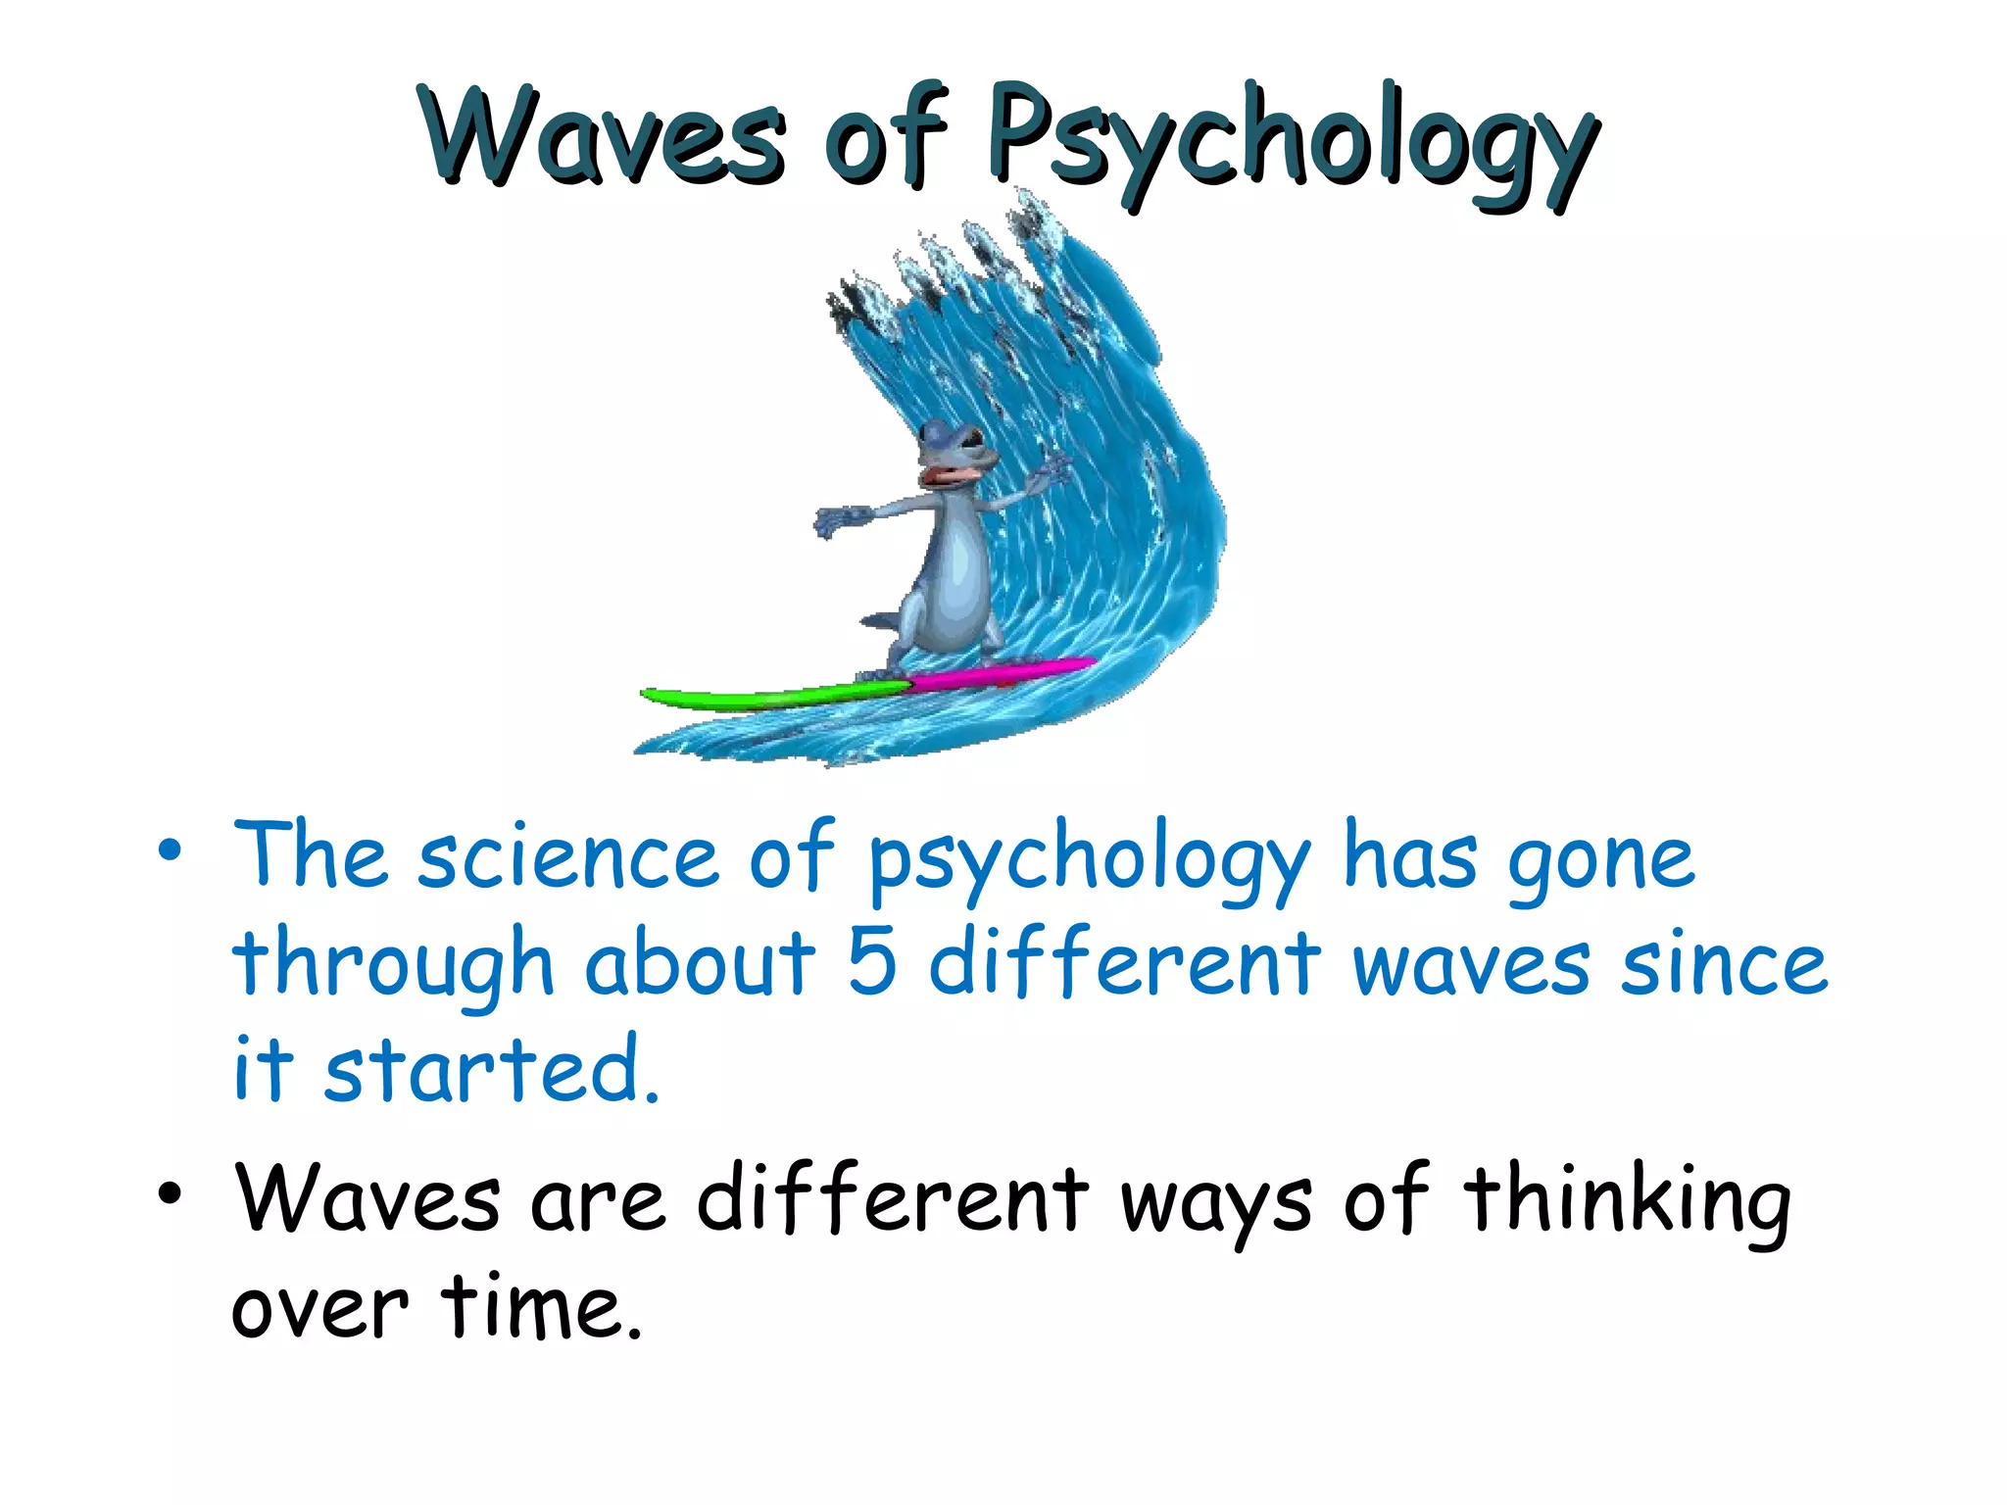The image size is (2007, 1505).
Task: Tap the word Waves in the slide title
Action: pos(604,137)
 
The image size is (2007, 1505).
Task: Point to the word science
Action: pos(568,856)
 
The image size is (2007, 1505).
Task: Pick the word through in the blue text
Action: pos(393,965)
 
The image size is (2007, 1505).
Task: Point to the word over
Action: pos(318,1311)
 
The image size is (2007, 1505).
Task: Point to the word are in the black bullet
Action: pos(598,1202)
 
